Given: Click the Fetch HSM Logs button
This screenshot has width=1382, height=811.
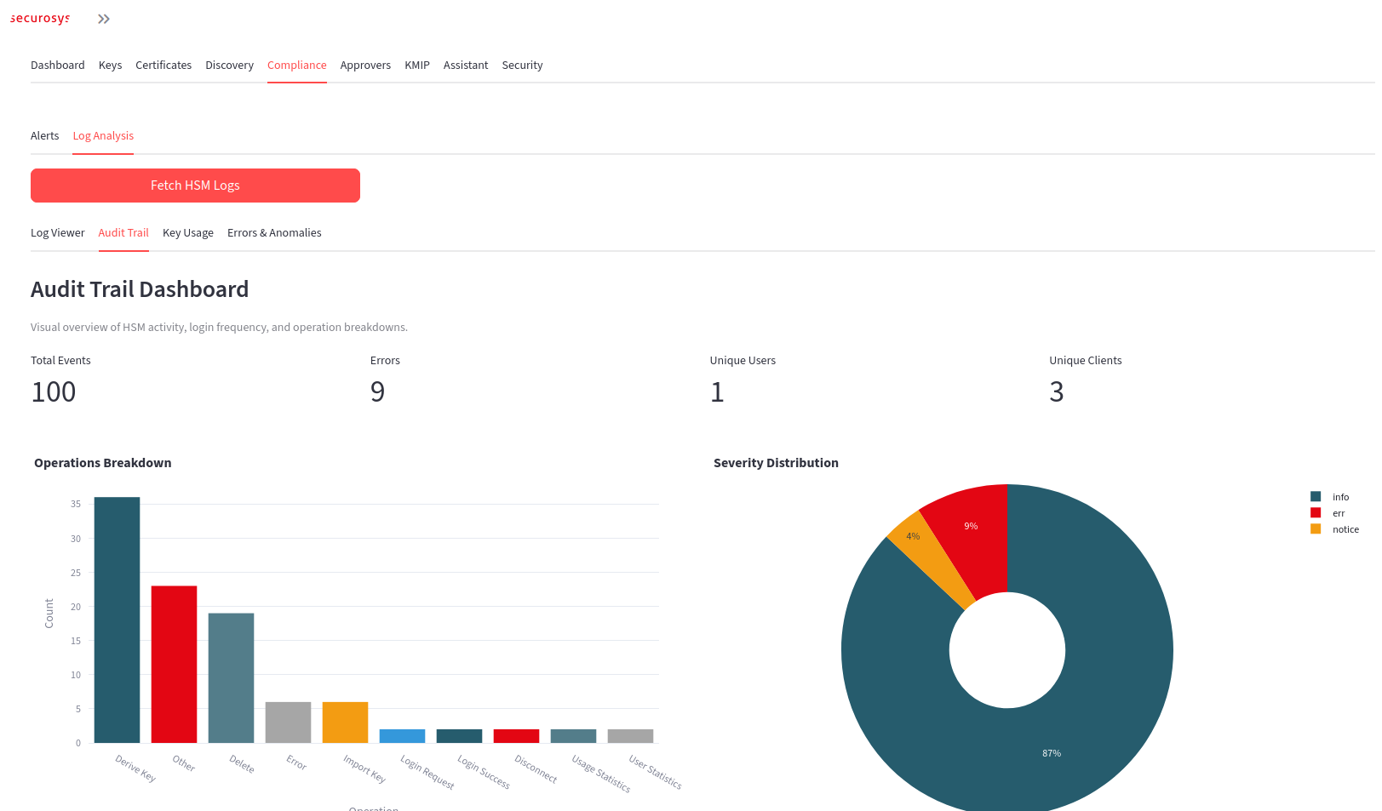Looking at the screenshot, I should [195, 186].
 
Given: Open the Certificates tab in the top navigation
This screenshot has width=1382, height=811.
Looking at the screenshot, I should [163, 66].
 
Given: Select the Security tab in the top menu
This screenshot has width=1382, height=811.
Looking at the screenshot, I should [522, 66].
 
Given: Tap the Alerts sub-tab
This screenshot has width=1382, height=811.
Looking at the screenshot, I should [44, 136].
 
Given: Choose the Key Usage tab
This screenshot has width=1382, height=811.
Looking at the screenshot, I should [188, 233].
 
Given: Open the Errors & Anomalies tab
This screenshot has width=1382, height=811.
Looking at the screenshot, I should [274, 233].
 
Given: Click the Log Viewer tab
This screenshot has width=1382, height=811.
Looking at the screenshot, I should [57, 233].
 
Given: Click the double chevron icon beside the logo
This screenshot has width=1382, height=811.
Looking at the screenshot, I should [104, 19].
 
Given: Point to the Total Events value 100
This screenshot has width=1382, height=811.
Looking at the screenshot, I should [54, 392].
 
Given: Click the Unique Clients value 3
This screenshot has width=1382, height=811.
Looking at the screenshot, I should [1056, 392].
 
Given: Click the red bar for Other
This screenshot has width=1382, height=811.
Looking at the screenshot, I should [174, 664].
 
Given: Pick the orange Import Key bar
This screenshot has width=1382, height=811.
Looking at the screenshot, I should [345, 722].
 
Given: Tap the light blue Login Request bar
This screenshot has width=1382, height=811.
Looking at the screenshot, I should [402, 736].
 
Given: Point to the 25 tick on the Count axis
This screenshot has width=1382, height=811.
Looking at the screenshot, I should [76, 573].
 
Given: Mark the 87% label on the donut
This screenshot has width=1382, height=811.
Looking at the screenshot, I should [1052, 753].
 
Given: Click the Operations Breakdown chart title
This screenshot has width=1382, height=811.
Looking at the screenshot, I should [102, 463].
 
